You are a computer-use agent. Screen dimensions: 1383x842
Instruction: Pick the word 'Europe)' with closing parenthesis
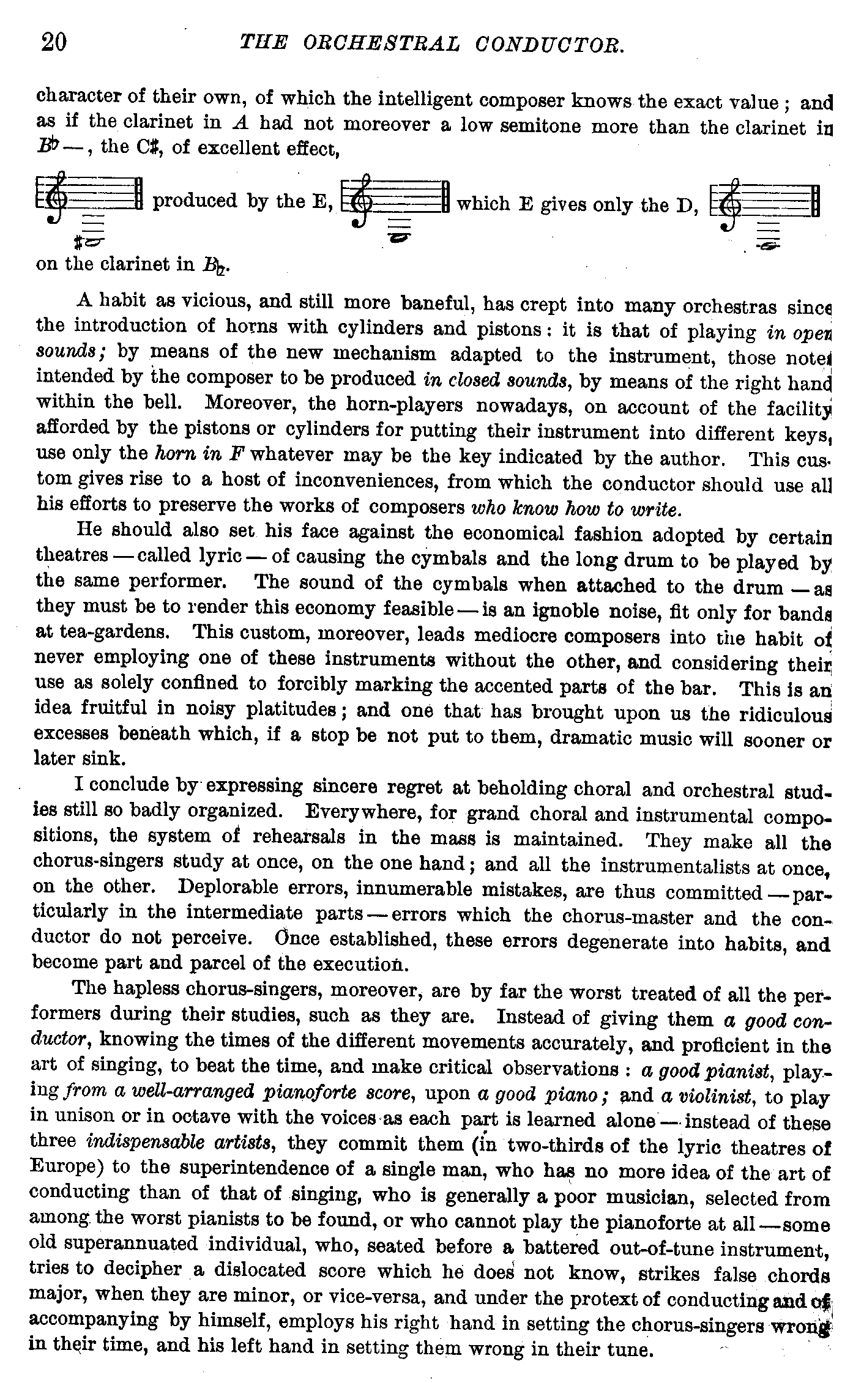[65, 1166]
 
